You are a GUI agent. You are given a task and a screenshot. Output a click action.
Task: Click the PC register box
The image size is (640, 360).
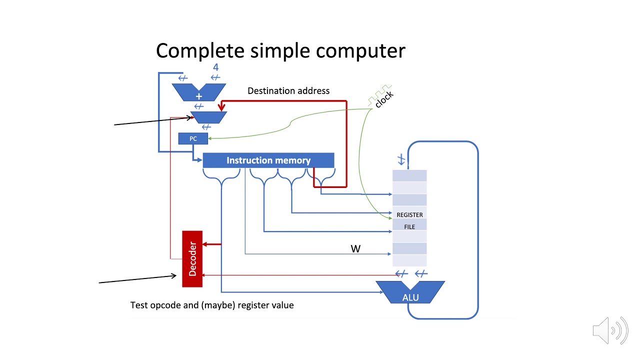(x=193, y=138)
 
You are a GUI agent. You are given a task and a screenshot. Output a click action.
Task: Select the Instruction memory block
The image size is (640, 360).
(x=268, y=160)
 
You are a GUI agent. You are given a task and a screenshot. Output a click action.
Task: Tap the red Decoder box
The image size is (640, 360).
(x=192, y=259)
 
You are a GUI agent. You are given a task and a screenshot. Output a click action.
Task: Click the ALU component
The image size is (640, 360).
(x=410, y=294)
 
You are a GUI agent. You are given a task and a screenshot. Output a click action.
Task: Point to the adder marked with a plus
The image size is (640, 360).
(x=199, y=92)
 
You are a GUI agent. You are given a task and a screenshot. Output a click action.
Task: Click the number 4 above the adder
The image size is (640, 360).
(x=215, y=67)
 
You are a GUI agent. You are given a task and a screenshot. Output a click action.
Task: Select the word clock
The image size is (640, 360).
(x=384, y=99)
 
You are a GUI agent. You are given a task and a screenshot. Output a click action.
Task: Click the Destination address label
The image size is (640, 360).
(x=288, y=91)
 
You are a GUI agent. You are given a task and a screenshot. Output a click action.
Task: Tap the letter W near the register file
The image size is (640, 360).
(x=355, y=248)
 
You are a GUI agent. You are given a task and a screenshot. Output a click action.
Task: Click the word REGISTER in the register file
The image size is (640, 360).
(x=409, y=215)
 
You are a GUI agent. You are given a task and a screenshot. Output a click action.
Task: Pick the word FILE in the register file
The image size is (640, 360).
(x=409, y=227)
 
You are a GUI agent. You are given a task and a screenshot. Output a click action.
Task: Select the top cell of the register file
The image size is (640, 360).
(x=409, y=175)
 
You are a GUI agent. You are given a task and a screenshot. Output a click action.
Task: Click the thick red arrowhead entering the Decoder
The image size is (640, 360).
(x=205, y=244)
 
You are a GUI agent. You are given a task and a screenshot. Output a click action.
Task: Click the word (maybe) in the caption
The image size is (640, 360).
(x=218, y=305)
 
